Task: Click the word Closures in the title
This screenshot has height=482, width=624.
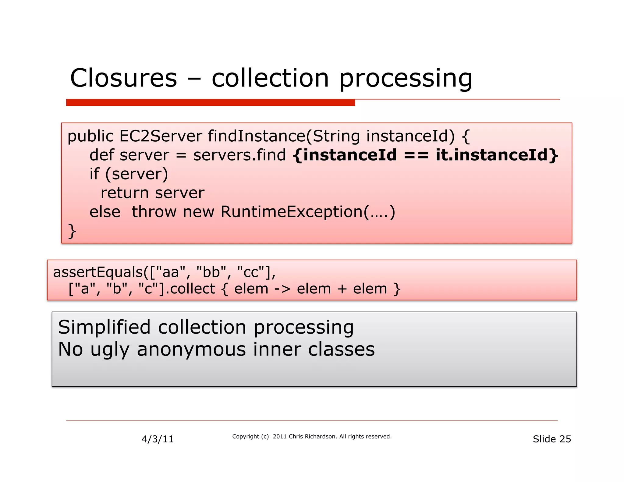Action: click(123, 78)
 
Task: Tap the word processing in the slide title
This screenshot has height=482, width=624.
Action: click(406, 79)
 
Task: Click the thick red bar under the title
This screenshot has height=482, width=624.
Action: click(210, 103)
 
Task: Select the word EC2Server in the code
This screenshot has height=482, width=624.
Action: click(161, 136)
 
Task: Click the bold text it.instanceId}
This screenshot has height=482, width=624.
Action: click(497, 155)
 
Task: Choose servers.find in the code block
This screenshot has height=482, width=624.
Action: click(239, 155)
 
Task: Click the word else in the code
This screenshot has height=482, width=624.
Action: click(105, 212)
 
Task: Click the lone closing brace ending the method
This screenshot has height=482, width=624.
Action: click(72, 231)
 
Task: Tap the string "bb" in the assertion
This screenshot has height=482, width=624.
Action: click(211, 272)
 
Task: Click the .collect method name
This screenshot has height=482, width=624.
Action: click(192, 289)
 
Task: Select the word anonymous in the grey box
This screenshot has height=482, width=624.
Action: click(191, 349)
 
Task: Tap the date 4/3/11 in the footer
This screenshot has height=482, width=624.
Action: click(158, 439)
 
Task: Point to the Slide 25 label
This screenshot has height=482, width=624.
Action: click(551, 439)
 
